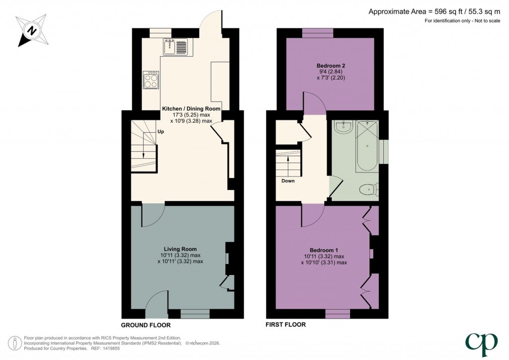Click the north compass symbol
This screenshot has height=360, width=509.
pyautogui.click(x=32, y=30)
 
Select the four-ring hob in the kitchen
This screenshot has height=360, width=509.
pyautogui.click(x=151, y=80)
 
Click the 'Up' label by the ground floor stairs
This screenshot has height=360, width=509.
pyautogui.click(x=161, y=132)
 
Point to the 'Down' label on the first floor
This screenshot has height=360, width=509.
pyautogui.click(x=288, y=181)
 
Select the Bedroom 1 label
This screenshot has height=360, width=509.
pyautogui.click(x=324, y=250)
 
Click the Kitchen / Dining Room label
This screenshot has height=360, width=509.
pyautogui.click(x=191, y=109)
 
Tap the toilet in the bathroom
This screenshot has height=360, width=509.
pyautogui.click(x=369, y=189)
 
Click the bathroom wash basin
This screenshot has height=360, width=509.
pyautogui.click(x=343, y=127)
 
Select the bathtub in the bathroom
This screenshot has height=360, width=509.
pyautogui.click(x=367, y=146)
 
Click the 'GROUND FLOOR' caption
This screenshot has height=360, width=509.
pyautogui.click(x=146, y=325)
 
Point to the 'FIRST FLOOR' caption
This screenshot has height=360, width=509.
pyautogui.click(x=286, y=324)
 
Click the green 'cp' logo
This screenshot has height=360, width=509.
pyautogui.click(x=482, y=345)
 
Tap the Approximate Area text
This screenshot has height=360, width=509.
pyautogui.click(x=434, y=12)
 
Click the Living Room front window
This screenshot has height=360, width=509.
pyautogui.click(x=195, y=314)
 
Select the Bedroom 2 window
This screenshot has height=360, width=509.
pyautogui.click(x=318, y=33)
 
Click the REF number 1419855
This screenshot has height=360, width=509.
pyautogui.click(x=111, y=348)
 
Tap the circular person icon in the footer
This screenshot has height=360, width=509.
pyautogui.click(x=15, y=343)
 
